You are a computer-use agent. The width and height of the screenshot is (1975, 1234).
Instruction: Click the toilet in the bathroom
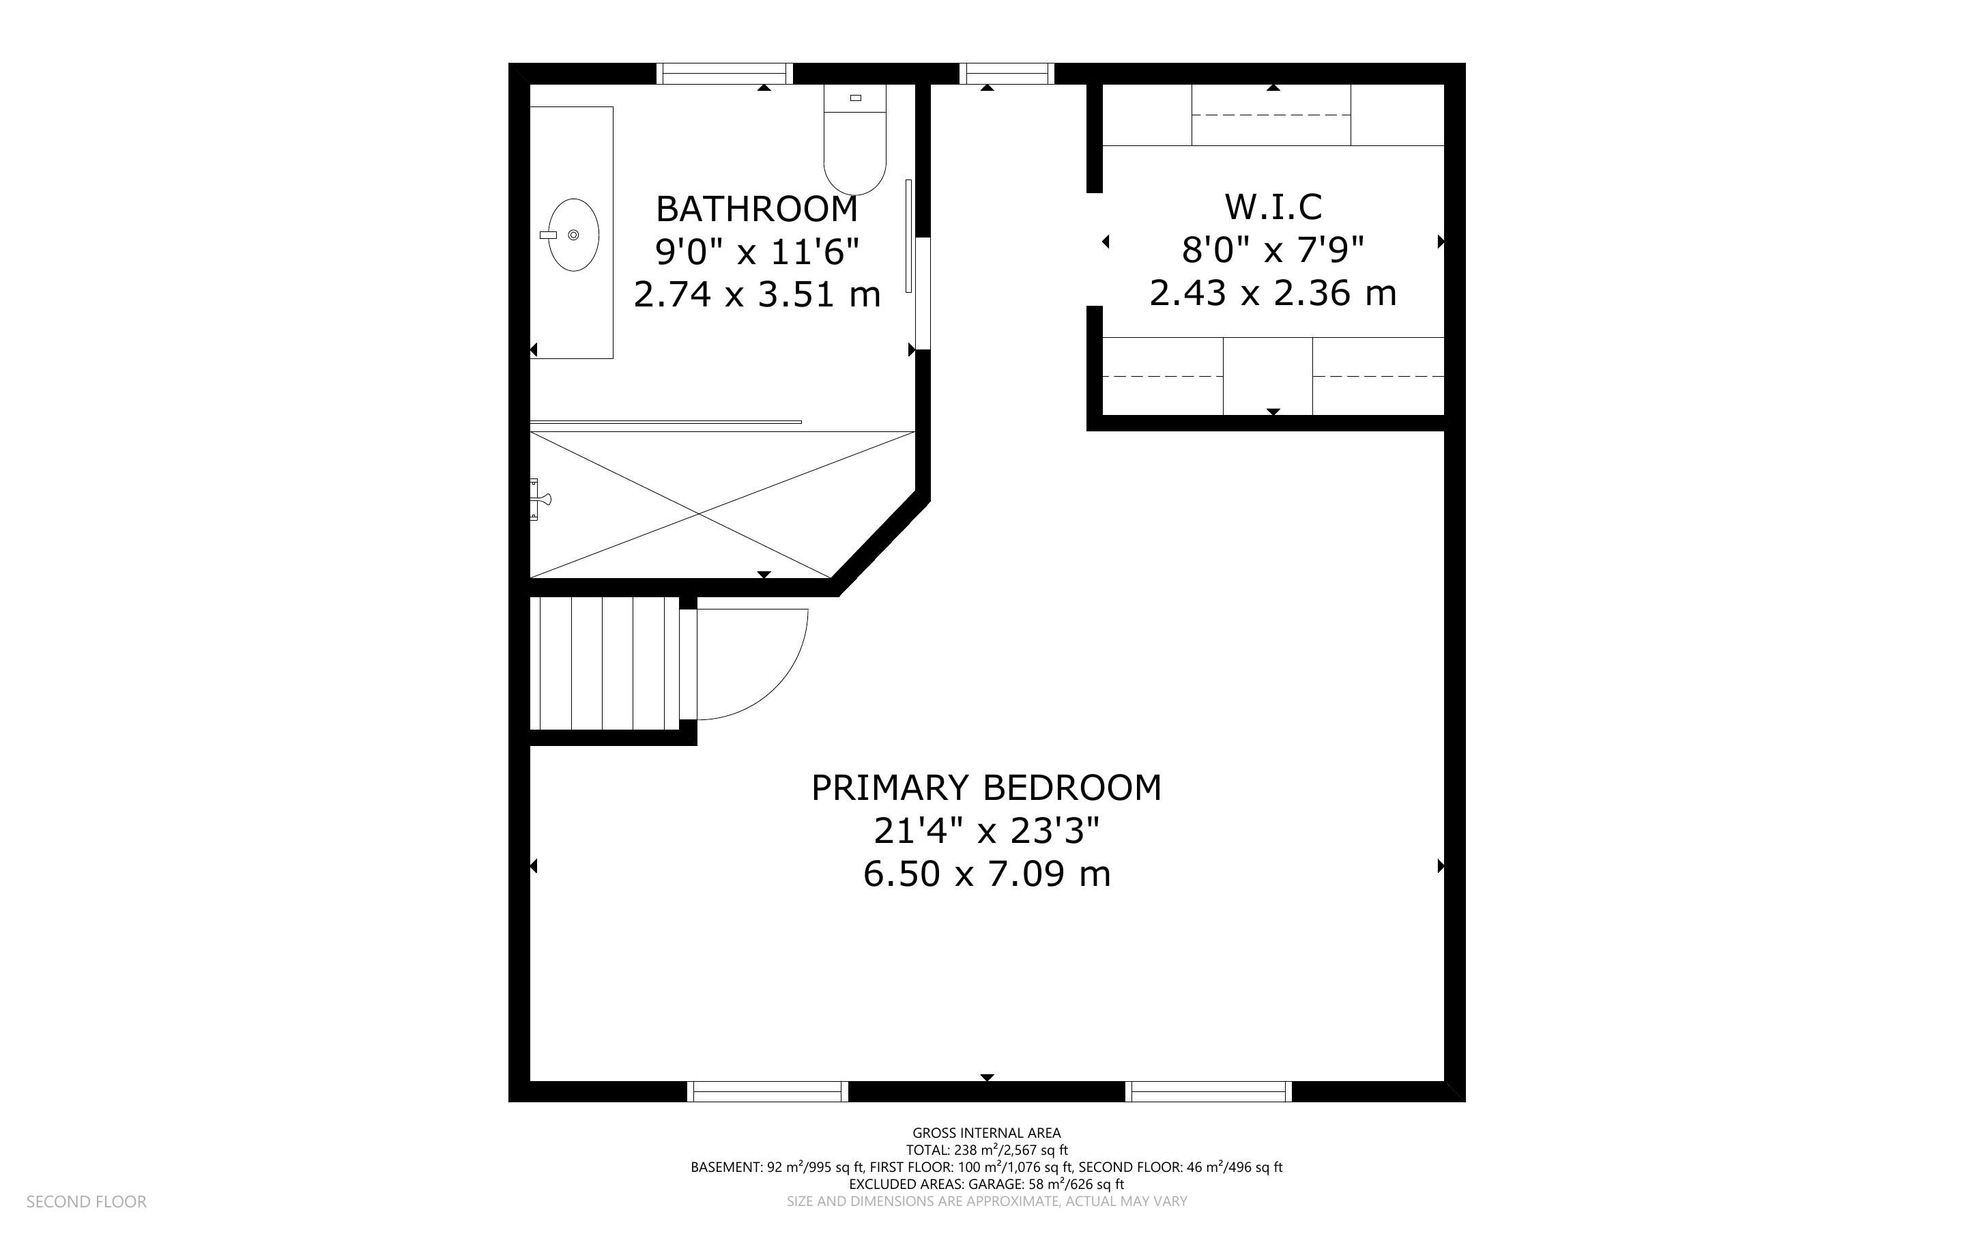pos(854,139)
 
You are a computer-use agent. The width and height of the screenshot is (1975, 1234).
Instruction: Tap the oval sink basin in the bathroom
pos(573,235)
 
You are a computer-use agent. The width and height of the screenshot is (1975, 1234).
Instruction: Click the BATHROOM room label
pos(757,209)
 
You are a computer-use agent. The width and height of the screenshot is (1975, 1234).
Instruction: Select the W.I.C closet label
pos(1273,207)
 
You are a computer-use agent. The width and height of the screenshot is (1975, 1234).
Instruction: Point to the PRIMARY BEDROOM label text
pos(986,788)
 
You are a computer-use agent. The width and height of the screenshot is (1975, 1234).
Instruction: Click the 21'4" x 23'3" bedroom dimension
pos(986,831)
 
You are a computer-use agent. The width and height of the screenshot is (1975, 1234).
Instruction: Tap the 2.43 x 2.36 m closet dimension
pos(1273,292)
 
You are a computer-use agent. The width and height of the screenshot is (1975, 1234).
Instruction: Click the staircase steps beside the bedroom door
pos(605,663)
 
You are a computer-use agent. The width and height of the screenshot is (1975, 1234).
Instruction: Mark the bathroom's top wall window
pos(724,74)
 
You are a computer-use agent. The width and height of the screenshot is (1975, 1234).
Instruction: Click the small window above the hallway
pos(1007,74)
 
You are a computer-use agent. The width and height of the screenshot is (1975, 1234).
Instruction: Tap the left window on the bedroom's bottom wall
pos(768,1091)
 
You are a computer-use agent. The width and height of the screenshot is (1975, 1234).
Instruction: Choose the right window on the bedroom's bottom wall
pos(1209,1091)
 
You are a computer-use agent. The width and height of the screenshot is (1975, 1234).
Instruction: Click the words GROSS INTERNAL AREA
pos(986,1133)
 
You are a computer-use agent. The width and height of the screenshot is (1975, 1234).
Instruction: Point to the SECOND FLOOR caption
pos(87,1201)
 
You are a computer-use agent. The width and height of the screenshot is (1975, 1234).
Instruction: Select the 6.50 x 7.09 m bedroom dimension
pos(986,874)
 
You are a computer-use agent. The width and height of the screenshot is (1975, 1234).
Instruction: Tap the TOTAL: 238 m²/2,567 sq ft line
pos(986,1150)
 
